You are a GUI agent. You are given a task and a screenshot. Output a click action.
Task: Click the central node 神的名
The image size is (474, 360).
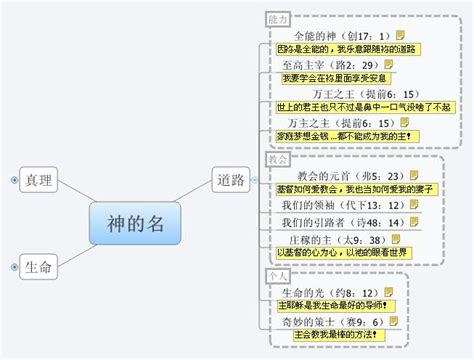[128, 223]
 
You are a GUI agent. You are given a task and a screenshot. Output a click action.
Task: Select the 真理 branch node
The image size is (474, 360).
[40, 180]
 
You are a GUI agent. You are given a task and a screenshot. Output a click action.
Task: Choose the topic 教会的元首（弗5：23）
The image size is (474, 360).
[342, 175]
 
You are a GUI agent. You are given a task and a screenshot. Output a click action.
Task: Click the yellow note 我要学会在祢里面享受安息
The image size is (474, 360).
[333, 78]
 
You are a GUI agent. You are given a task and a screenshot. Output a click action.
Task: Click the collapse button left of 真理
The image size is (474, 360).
[13, 180]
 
